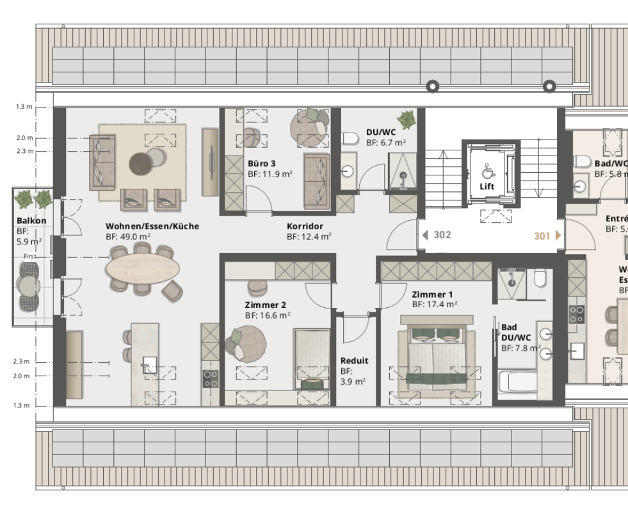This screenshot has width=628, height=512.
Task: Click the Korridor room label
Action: coord(304,226)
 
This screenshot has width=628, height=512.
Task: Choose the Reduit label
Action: coord(354,360)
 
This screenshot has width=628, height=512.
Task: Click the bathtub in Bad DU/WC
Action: coord(527,383)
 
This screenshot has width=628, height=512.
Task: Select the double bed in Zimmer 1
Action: coord(437,355)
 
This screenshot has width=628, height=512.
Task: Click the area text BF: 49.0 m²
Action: coord(128,236)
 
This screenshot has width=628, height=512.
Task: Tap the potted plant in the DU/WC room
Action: coord(406,119)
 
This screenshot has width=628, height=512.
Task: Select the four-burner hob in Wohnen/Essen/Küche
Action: coord(211,379)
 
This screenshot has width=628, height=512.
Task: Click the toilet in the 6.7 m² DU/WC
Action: coord(349,138)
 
